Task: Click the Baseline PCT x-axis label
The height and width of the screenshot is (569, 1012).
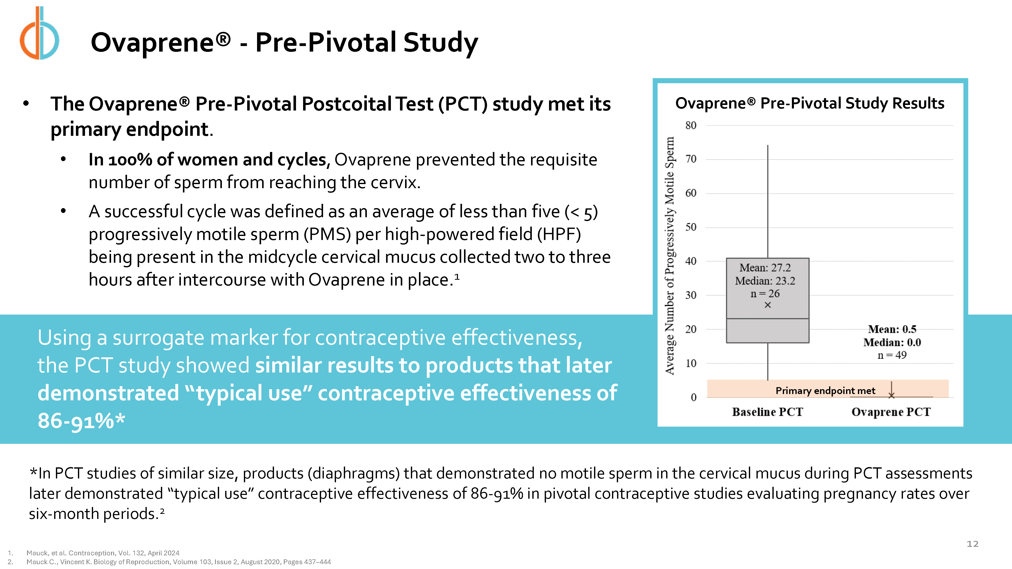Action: (x=767, y=412)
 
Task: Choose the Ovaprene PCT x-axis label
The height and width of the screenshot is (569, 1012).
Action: (x=891, y=412)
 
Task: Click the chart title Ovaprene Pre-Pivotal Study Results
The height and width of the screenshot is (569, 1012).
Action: (x=810, y=103)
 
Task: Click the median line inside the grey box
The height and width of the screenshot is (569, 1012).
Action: (x=768, y=318)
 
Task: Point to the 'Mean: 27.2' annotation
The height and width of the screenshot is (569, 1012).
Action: (x=765, y=268)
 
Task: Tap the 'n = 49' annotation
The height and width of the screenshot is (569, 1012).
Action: (x=892, y=355)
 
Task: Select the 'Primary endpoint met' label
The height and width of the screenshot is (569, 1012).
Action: (x=825, y=391)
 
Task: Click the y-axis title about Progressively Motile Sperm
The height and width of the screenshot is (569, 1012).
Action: (x=670, y=255)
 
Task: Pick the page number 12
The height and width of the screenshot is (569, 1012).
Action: (x=972, y=544)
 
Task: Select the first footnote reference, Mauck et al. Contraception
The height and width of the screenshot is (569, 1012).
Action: (x=103, y=553)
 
